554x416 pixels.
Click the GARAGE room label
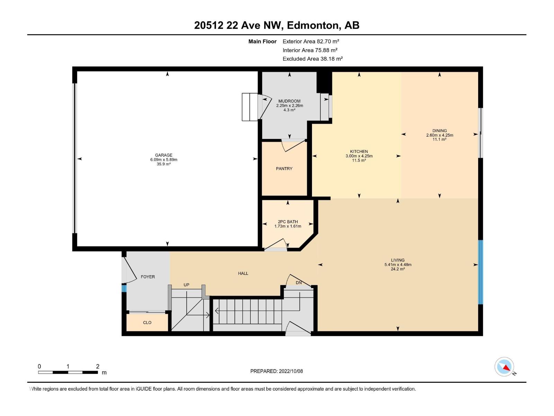tap(164, 155)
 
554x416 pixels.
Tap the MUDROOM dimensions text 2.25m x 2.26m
tap(289, 105)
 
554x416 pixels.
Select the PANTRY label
tap(284, 168)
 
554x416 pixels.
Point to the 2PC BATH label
tap(288, 222)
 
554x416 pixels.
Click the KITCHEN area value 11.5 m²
tap(359, 161)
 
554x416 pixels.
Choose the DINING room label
tap(439, 131)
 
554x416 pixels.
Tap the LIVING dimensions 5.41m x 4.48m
tap(398, 265)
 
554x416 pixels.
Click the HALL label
tap(243, 273)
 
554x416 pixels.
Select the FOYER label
tap(148, 277)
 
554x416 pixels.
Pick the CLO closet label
tap(147, 322)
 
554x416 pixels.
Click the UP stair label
tap(186, 285)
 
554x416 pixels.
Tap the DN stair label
tap(299, 283)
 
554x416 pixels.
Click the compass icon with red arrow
tap(504, 367)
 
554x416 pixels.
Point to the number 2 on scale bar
tap(98, 366)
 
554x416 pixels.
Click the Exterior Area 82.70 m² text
tap(311, 41)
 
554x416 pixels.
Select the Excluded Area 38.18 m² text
tap(312, 59)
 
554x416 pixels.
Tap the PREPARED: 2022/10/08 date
tap(276, 371)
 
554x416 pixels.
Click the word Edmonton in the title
tap(312, 25)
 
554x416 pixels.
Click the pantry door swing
tap(293, 145)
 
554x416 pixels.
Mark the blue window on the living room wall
tap(480, 272)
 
